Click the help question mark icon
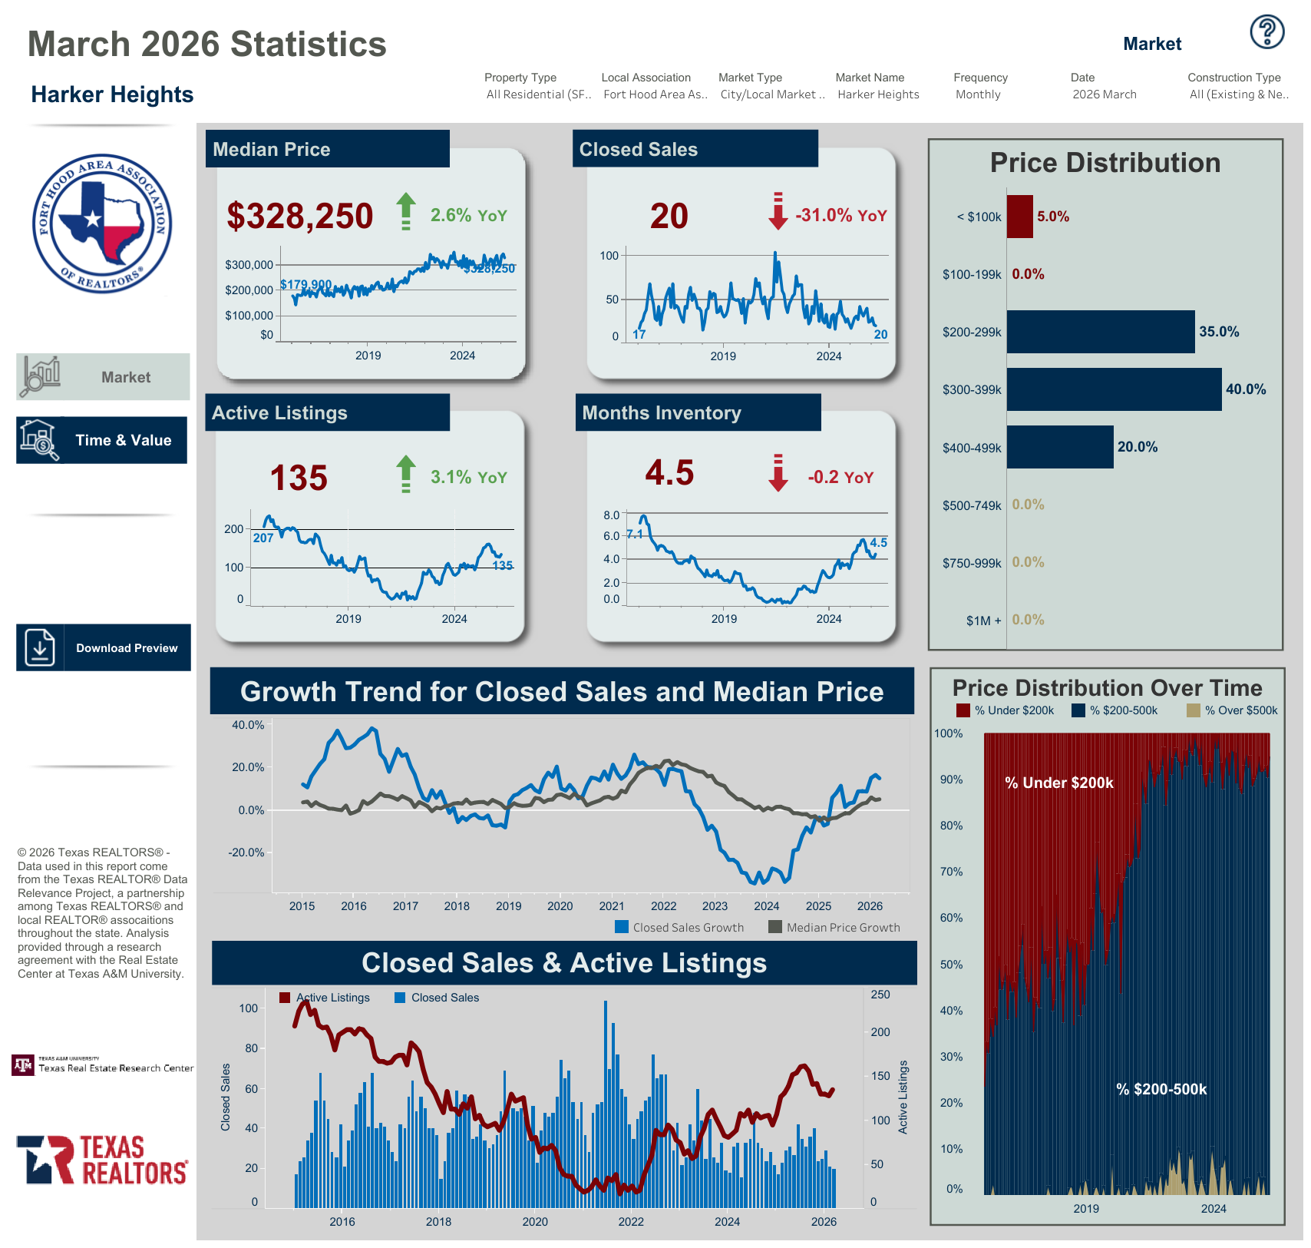(x=1266, y=32)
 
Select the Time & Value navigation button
(x=101, y=440)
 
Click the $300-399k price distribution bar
(x=1113, y=389)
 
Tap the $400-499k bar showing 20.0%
(x=1059, y=447)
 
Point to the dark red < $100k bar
(x=1019, y=217)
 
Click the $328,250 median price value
(x=300, y=216)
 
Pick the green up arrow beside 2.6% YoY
(x=405, y=211)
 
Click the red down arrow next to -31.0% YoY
(x=778, y=212)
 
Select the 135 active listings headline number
(x=299, y=478)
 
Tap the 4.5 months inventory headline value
(x=669, y=473)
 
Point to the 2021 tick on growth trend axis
(x=612, y=906)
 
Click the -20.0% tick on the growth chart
(x=246, y=852)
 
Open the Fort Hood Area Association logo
(x=102, y=223)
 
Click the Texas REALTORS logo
(x=102, y=1160)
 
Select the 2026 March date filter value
(x=1104, y=94)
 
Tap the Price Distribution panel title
(x=1105, y=163)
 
